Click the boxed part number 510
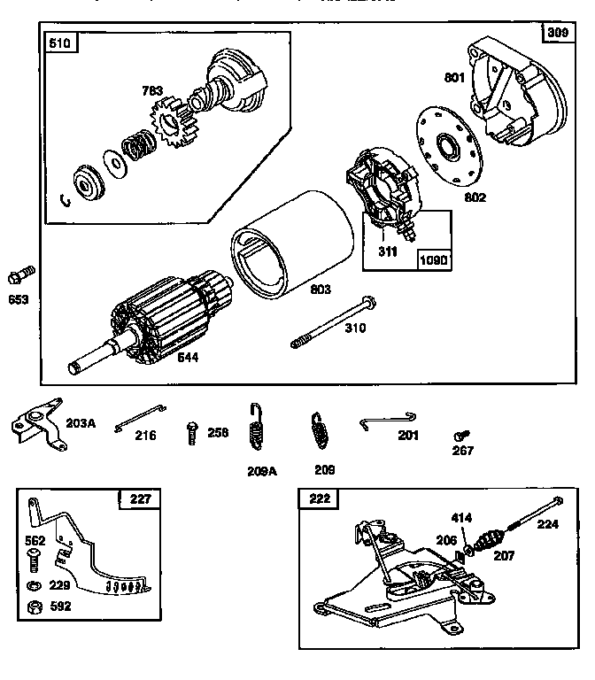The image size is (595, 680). coord(64,43)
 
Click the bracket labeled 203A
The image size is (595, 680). coord(36,424)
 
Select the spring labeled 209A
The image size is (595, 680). coord(258,429)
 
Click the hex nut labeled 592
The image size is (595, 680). coord(34,607)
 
